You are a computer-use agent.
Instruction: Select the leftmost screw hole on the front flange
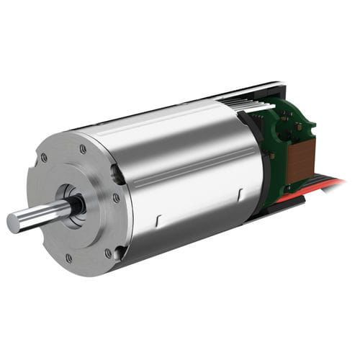44,157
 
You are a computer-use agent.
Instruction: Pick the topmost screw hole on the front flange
84,149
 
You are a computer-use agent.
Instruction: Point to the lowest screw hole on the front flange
69,258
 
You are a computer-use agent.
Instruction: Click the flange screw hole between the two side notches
117,198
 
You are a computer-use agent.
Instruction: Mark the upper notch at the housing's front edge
115,173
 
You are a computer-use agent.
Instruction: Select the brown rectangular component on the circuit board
300,158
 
